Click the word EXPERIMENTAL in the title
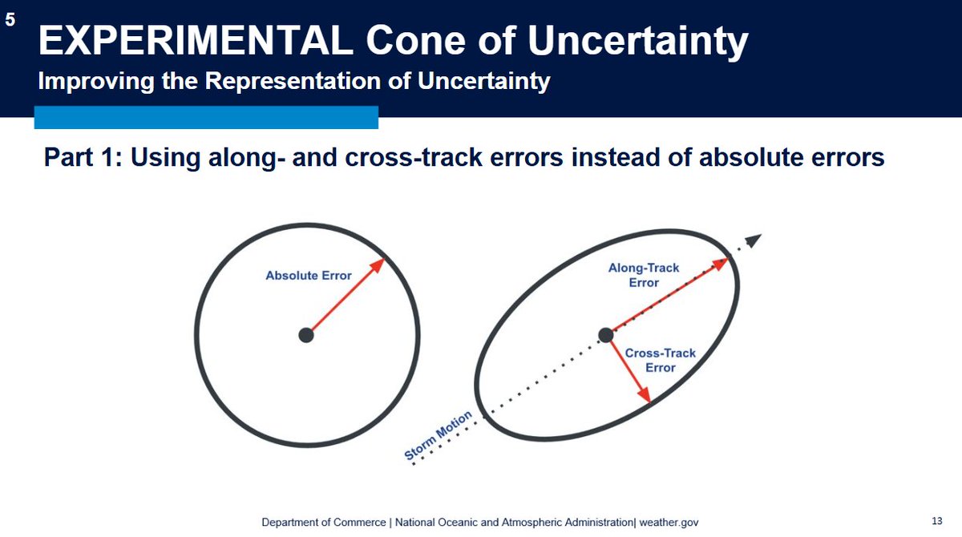click(x=196, y=41)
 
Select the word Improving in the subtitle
click(x=96, y=81)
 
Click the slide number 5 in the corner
click(x=10, y=20)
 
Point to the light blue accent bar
click(x=206, y=117)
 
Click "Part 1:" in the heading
click(x=83, y=157)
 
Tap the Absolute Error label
click(x=309, y=276)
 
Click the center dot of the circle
click(x=305, y=335)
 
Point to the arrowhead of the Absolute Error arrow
click(x=378, y=264)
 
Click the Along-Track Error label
click(x=644, y=275)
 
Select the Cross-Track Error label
click(x=660, y=360)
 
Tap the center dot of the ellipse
click(x=605, y=335)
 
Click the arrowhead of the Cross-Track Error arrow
click(x=644, y=394)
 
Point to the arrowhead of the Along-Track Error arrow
click(x=720, y=264)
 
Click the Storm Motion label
click(x=438, y=435)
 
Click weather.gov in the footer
click(x=669, y=523)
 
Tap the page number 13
click(x=936, y=521)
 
